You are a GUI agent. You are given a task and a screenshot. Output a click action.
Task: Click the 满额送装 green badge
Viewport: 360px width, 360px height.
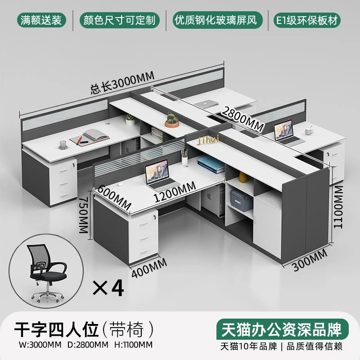[x=41, y=20]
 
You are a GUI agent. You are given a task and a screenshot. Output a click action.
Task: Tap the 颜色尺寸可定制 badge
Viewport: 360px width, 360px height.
[x=119, y=20]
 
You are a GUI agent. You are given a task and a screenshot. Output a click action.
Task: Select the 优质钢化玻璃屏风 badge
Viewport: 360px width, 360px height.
[x=217, y=20]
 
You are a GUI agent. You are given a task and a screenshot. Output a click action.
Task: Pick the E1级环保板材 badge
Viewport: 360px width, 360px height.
[x=307, y=20]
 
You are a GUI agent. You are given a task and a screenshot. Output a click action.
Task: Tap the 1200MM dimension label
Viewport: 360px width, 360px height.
[x=175, y=192]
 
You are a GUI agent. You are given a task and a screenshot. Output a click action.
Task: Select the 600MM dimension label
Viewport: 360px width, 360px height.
[x=114, y=198]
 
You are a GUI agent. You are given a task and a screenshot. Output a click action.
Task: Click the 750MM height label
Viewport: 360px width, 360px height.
[x=84, y=215]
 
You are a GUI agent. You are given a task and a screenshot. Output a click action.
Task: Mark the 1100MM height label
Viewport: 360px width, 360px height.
[x=338, y=207]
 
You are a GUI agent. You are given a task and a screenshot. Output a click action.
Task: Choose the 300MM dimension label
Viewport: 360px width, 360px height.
[x=310, y=260]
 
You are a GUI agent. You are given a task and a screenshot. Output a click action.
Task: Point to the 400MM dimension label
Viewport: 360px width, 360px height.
[x=149, y=268]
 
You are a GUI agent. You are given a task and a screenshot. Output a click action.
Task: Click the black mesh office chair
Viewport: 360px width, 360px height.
[x=47, y=273]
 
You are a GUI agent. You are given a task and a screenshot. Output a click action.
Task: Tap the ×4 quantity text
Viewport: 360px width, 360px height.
[x=108, y=288]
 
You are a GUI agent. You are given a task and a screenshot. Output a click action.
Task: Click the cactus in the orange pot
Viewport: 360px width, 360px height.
[x=172, y=120]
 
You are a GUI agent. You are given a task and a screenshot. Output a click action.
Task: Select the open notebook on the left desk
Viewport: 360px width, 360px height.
[x=90, y=137]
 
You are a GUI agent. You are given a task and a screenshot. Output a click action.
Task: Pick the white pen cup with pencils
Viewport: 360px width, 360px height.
[x=184, y=157]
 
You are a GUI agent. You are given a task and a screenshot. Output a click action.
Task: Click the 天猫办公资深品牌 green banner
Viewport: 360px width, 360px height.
[x=283, y=329]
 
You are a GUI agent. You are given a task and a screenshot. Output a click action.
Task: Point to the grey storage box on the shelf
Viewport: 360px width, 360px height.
[x=242, y=200]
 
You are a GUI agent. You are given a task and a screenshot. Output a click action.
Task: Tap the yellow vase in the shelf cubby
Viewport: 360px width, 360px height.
[x=243, y=177]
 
